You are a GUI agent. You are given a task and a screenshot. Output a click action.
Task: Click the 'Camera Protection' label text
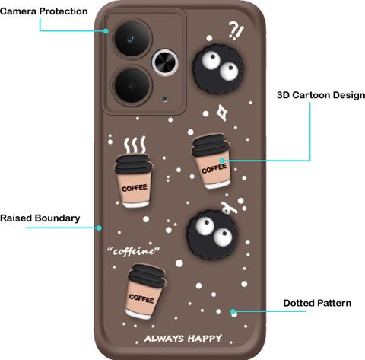pyautogui.click(x=44, y=11)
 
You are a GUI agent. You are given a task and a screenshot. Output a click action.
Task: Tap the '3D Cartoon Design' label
pyautogui.click(x=321, y=95)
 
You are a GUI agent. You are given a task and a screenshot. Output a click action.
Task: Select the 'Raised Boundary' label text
pyautogui.click(x=40, y=218)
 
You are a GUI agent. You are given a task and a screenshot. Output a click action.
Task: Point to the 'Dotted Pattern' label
pyautogui.click(x=317, y=303)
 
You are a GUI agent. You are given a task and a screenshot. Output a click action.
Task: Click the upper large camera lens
pyautogui.click(x=132, y=39)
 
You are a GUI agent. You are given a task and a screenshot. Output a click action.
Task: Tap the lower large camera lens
pyautogui.click(x=132, y=85)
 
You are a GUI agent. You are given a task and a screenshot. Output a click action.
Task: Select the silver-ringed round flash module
pyautogui.click(x=165, y=63)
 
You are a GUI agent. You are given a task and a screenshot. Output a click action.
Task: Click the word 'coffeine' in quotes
pyautogui.click(x=134, y=251)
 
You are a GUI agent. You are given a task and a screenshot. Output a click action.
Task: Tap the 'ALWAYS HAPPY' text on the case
pyautogui.click(x=183, y=339)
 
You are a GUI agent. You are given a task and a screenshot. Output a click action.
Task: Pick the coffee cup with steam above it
pyautogui.click(x=133, y=181)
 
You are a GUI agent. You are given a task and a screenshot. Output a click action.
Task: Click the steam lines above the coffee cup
pyautogui.click(x=135, y=145)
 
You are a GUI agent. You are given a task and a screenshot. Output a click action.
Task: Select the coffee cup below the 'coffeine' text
pyautogui.click(x=145, y=292)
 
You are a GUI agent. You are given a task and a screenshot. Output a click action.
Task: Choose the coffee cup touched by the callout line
pyautogui.click(x=211, y=161)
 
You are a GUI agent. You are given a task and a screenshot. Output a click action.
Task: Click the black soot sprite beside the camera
pyautogui.click(x=218, y=69)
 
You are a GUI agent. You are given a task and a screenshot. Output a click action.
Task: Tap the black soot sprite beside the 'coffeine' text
pyautogui.click(x=212, y=234)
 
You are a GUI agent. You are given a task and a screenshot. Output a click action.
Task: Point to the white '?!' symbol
pyautogui.click(x=236, y=30)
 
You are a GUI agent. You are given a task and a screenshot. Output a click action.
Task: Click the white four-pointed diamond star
pyautogui.click(x=221, y=113)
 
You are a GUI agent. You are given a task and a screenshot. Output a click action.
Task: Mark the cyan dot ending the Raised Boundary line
pyautogui.click(x=100, y=228)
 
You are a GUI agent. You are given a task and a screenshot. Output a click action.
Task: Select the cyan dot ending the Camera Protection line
pyautogui.click(x=106, y=31)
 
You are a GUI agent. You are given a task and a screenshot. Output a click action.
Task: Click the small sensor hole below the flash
pyautogui.click(x=165, y=99)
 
